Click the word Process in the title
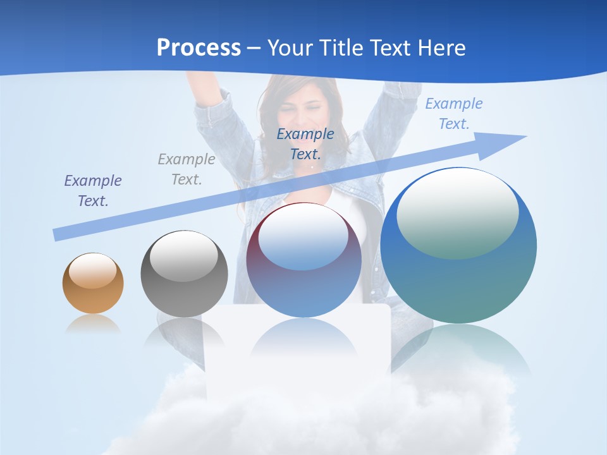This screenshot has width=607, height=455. click(199, 48)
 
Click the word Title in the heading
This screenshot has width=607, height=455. click(343, 48)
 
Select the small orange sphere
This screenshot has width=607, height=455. click(93, 284)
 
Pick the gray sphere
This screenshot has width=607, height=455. click(184, 274)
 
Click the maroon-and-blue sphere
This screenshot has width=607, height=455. click(303, 260)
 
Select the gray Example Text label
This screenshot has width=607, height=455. click(187, 169)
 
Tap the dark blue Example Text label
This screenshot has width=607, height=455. click(305, 143)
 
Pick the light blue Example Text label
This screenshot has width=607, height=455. click(453, 114)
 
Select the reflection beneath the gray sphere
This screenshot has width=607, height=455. click(183, 331)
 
